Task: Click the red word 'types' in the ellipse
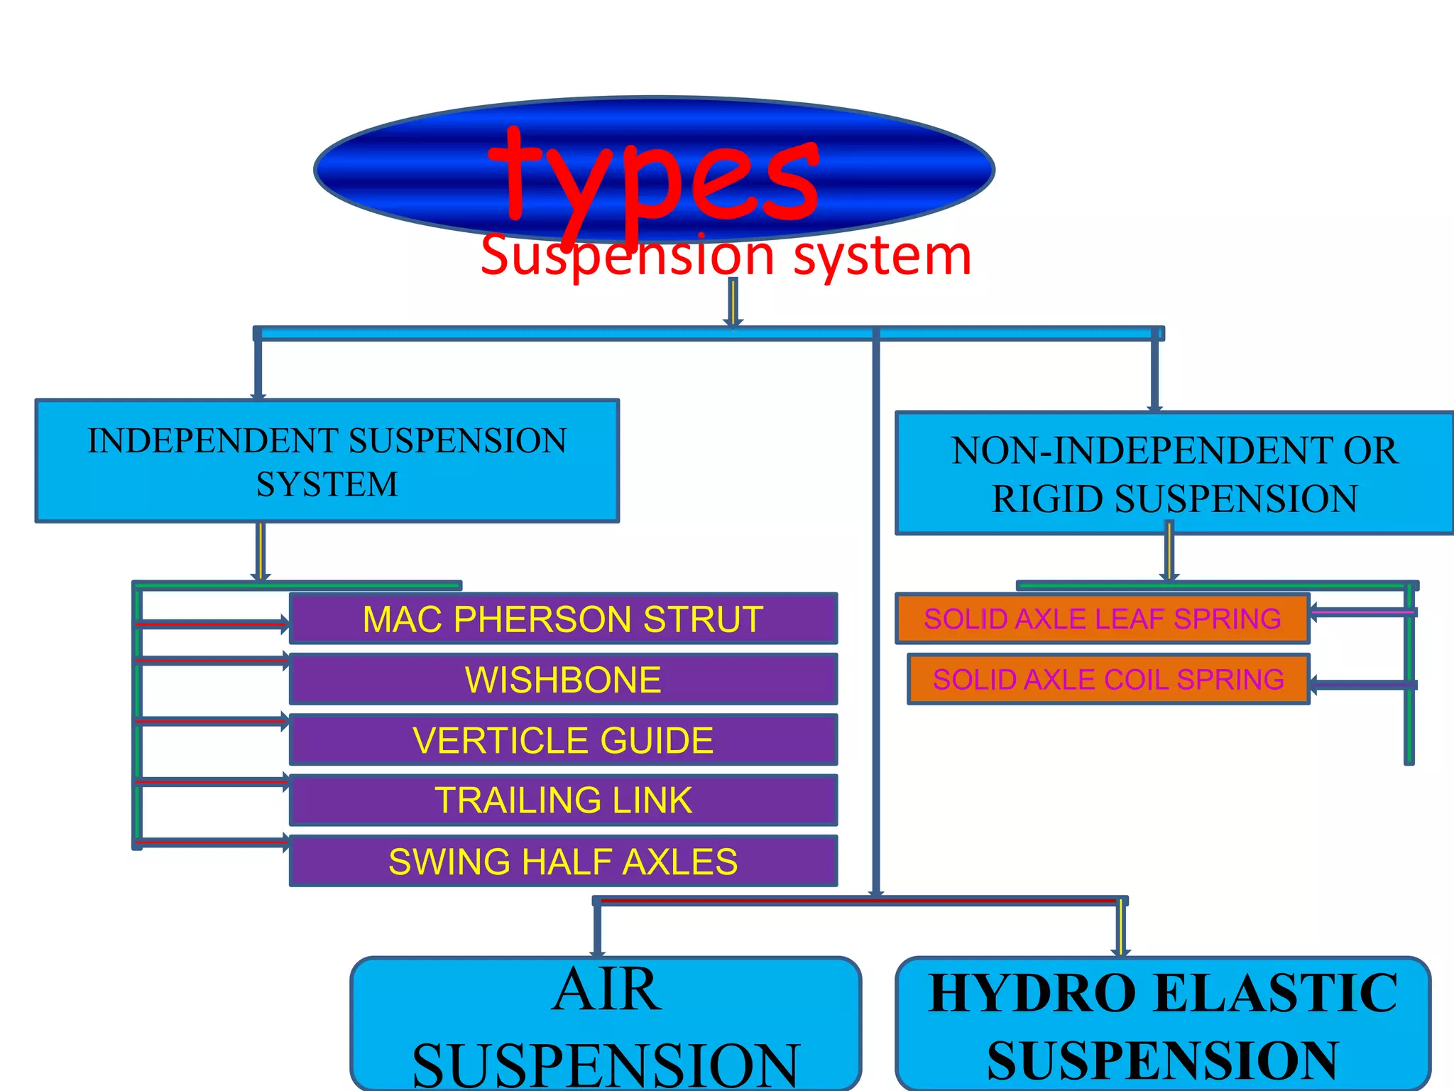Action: (x=653, y=178)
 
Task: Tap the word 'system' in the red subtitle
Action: (x=882, y=256)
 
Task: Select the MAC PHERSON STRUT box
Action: (x=563, y=619)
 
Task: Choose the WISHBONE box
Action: (x=563, y=680)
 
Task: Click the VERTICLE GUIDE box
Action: (x=563, y=740)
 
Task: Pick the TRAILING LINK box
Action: (x=563, y=800)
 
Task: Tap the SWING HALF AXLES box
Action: (x=563, y=862)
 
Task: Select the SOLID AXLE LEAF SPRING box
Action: (x=1102, y=619)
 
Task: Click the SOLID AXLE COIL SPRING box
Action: (x=1108, y=680)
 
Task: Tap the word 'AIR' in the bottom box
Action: (x=607, y=991)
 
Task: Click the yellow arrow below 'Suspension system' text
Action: (x=733, y=302)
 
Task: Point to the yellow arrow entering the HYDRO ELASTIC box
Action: (x=1121, y=927)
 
